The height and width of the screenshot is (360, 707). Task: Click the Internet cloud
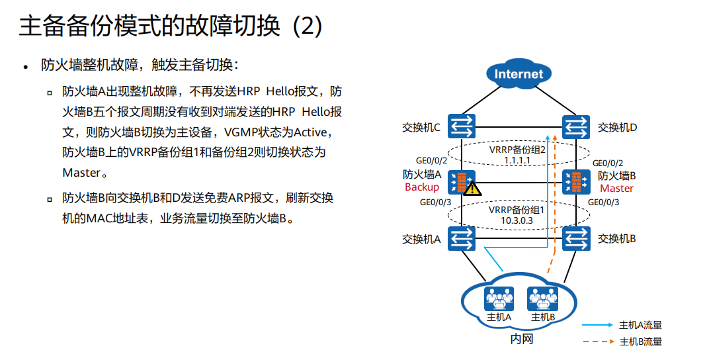click(519, 73)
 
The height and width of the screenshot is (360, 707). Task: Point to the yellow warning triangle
click(472, 189)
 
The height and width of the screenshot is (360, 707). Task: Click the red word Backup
click(421, 187)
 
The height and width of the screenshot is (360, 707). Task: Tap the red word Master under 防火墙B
click(616, 188)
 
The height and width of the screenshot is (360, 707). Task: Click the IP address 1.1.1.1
click(519, 161)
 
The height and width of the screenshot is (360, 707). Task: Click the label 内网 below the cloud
click(521, 339)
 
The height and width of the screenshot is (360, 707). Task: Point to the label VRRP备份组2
click(517, 150)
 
